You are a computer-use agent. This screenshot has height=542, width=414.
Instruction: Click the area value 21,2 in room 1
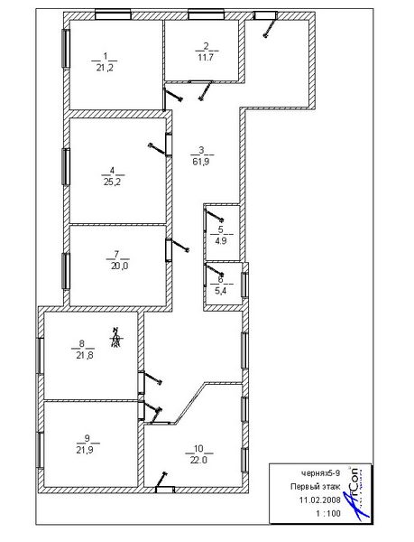[x=105, y=68]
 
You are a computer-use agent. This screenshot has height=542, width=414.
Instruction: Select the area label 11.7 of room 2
[x=206, y=58]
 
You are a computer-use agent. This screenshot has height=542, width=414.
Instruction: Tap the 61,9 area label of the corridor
[x=201, y=161]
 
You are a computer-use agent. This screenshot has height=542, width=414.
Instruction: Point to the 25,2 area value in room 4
[x=113, y=182]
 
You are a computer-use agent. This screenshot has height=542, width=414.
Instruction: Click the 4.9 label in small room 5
[x=221, y=241]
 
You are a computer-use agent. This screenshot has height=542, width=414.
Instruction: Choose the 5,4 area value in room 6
[x=221, y=291]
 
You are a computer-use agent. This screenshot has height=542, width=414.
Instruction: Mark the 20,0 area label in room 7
[x=119, y=266]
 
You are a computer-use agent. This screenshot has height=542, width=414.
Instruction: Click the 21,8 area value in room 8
[x=85, y=355]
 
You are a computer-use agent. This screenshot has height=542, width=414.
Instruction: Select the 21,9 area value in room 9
[x=85, y=450]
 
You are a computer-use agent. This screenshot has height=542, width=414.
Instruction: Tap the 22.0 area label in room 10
[x=198, y=460]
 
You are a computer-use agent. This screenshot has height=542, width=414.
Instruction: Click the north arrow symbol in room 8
[x=116, y=337]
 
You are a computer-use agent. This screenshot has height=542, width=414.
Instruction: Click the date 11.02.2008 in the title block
[x=320, y=500]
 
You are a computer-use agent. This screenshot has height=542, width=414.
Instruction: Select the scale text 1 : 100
[x=327, y=513]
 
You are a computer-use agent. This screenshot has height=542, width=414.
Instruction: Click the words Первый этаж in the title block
[x=316, y=487]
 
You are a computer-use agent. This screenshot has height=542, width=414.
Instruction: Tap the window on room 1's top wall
[x=113, y=15]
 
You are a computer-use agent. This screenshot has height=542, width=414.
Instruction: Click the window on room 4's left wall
[x=66, y=166]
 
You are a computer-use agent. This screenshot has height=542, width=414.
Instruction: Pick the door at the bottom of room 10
[x=165, y=490]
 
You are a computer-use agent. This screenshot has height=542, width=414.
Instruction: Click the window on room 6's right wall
[x=244, y=285]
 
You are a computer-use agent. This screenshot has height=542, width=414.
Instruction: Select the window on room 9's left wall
[x=41, y=450]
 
